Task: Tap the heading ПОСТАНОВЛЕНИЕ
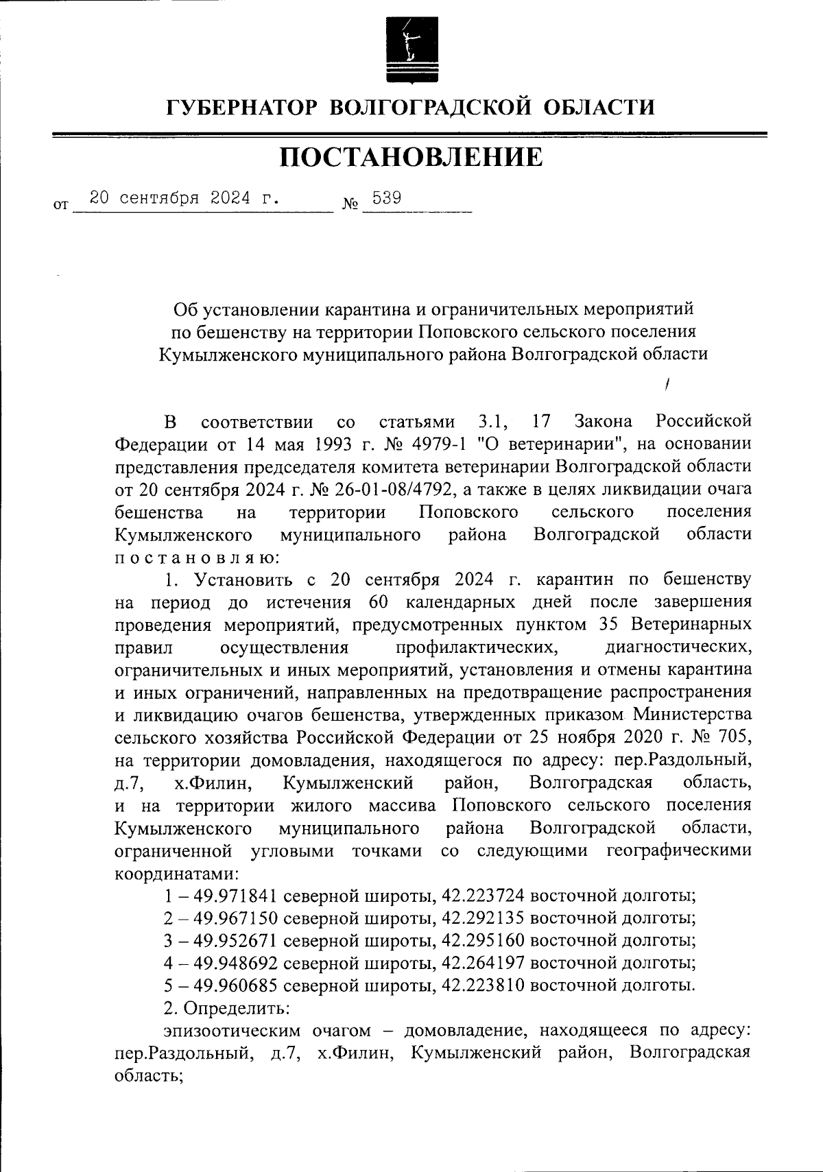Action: pyautogui.click(x=411, y=158)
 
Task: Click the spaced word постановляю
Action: pyautogui.click(x=195, y=557)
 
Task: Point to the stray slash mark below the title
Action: pyautogui.click(x=667, y=386)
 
